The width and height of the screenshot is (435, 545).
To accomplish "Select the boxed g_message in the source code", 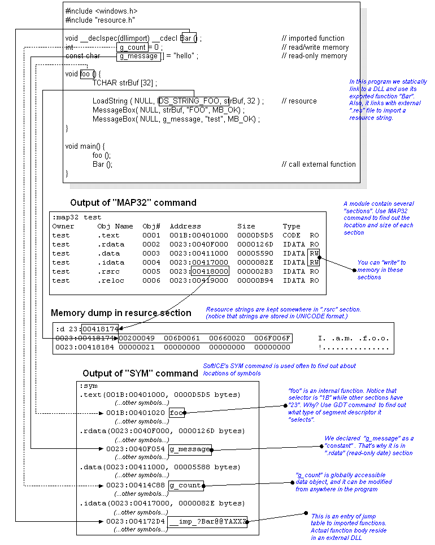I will [x=138, y=57].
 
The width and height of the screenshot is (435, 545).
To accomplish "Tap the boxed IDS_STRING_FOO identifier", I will [x=193, y=101].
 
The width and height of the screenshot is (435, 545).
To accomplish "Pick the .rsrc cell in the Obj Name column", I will [x=108, y=271].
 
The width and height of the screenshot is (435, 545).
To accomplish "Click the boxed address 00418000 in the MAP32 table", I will [x=210, y=271].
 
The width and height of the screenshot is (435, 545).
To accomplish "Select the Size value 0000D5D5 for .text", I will [x=255, y=235].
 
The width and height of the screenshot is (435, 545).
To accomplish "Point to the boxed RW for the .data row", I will [x=314, y=253].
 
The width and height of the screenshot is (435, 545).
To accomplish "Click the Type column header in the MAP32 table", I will [x=292, y=226].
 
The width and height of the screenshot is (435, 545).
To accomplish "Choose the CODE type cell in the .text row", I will [x=292, y=235].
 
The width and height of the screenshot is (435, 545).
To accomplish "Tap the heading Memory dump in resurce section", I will [x=121, y=313].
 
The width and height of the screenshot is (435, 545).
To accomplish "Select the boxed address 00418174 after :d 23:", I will [x=100, y=329].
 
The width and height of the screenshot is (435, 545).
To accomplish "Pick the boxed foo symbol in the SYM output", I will [x=176, y=413].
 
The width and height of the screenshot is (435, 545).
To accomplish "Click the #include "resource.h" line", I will [x=100, y=20].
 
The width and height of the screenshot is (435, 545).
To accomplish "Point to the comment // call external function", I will [x=319, y=165].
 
